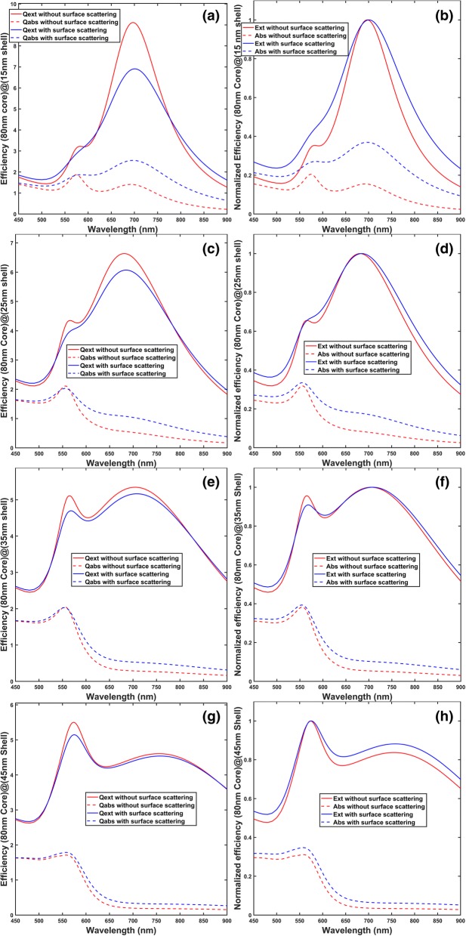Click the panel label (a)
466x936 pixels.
click(x=207, y=16)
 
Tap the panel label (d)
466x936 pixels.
click(x=441, y=249)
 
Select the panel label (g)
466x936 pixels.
click(x=207, y=712)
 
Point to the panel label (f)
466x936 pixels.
click(x=442, y=480)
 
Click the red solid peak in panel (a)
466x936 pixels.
click(x=134, y=23)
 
